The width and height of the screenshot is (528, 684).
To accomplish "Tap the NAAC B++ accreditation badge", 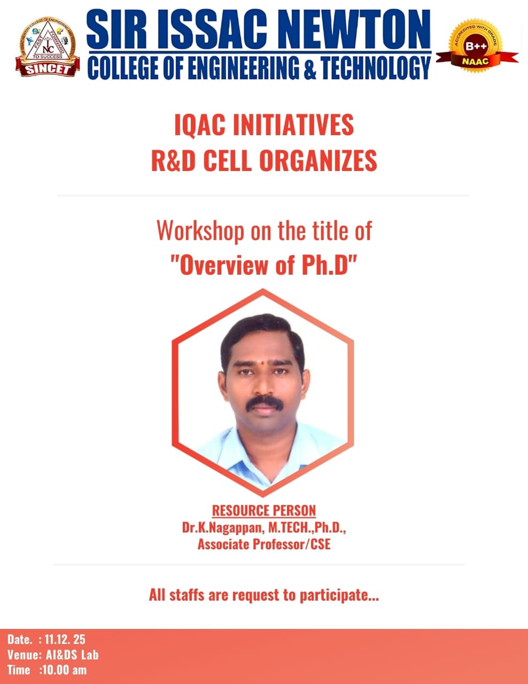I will tap(477, 48).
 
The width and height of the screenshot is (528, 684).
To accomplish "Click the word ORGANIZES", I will tap(318, 160).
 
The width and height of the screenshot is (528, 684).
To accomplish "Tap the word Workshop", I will tap(200, 231).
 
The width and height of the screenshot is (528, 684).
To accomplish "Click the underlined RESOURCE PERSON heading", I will tap(264, 511).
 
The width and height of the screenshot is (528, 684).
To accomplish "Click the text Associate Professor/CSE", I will tap(264, 545).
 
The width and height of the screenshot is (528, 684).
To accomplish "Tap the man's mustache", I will tap(264, 402).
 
